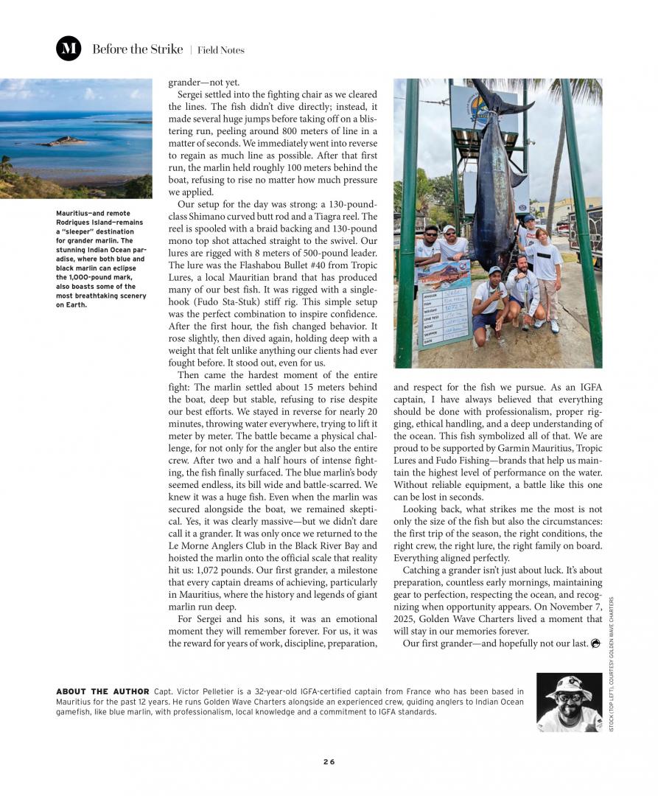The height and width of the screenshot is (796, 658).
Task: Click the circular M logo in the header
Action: pos(69,49)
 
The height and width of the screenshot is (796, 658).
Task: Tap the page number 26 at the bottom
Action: pos(329,761)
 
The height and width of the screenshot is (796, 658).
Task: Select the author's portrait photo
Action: pos(569,702)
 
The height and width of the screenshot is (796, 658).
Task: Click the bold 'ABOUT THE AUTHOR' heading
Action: pos(102,691)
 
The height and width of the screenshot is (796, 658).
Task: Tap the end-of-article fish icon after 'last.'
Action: pos(595,643)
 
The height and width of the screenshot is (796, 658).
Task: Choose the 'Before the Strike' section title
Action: pos(137,49)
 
